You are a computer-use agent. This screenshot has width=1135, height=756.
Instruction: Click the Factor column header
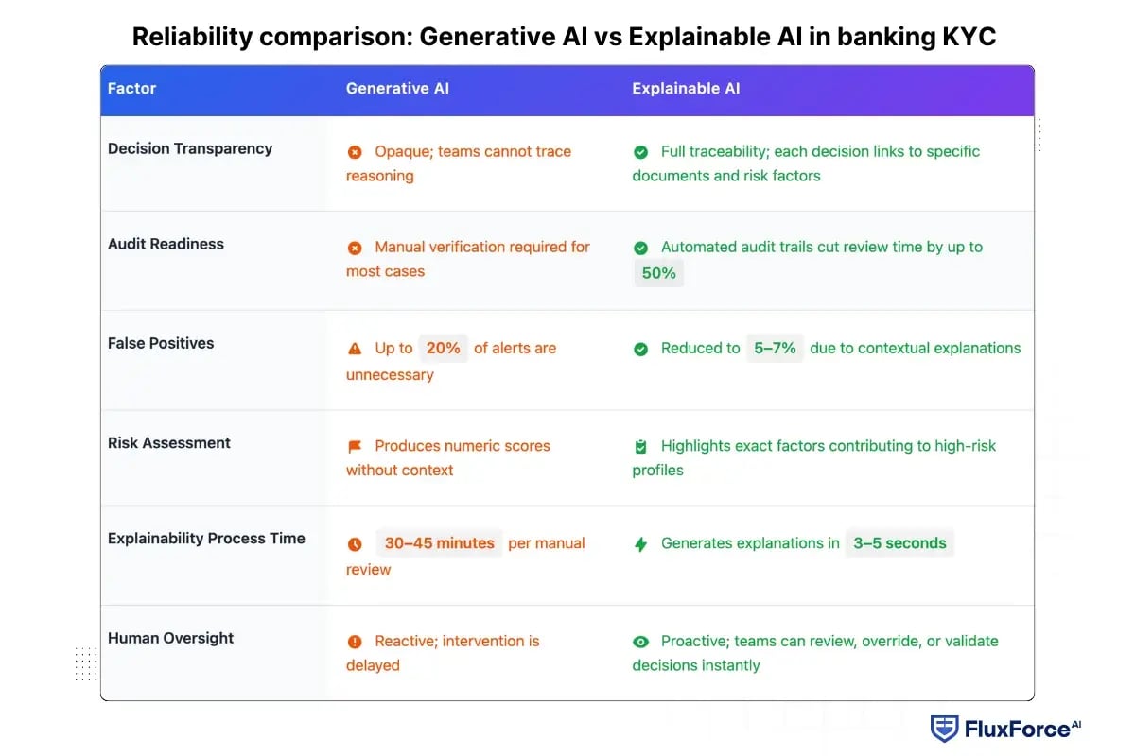[x=131, y=89]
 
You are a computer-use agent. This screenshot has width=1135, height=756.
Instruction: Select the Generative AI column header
[x=397, y=89]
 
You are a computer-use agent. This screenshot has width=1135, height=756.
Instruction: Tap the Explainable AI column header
[x=686, y=89]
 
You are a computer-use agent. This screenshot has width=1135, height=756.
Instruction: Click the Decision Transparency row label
[x=190, y=148]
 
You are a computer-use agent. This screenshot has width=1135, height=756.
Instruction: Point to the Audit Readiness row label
[x=166, y=244]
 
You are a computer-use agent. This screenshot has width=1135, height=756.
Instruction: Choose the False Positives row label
[x=161, y=343]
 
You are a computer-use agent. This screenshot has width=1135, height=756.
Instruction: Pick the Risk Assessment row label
[x=169, y=443]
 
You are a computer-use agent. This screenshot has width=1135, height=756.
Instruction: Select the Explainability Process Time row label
[x=206, y=539]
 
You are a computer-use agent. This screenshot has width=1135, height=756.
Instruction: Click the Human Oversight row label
[x=170, y=638]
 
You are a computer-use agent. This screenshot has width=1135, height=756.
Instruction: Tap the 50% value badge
[x=658, y=273]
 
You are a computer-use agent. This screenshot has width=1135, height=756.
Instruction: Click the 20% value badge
[x=443, y=348]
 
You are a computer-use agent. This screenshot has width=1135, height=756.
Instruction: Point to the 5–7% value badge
[x=775, y=348]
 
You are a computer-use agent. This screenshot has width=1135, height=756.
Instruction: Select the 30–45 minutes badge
[x=439, y=543]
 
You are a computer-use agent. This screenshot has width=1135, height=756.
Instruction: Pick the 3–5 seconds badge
[x=899, y=543]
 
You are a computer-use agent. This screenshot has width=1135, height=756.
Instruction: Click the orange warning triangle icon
[x=355, y=349]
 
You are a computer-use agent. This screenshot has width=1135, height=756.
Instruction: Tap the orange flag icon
[x=355, y=446]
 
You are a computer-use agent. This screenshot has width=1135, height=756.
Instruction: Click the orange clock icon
[x=355, y=544]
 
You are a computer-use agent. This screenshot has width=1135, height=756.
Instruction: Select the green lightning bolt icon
[x=640, y=544]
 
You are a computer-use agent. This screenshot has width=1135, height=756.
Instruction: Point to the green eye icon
[x=640, y=642]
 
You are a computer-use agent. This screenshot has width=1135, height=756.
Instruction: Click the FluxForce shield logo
[x=944, y=729]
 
